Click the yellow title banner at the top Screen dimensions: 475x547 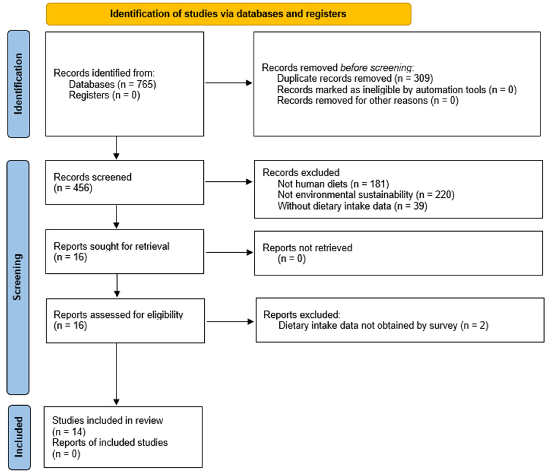[228, 14]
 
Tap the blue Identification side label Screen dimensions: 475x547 [18, 84]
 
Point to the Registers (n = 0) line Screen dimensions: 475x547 [104, 95]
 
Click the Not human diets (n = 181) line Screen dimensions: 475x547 [333, 184]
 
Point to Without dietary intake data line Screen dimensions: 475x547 [352, 206]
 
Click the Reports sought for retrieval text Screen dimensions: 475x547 [111, 246]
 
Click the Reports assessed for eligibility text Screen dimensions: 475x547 [118, 315]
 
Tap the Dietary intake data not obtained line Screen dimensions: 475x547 [383, 325]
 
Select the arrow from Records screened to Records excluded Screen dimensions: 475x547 [228, 182]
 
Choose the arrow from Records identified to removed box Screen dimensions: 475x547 [228, 83]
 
